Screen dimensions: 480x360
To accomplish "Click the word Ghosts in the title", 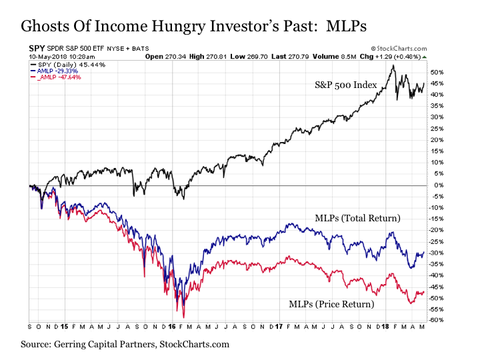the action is (x=45, y=26).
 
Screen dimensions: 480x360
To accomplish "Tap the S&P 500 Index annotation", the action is (x=345, y=85).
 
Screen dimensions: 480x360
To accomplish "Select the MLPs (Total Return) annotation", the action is (x=357, y=218).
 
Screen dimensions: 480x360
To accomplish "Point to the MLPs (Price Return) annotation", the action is (x=331, y=304).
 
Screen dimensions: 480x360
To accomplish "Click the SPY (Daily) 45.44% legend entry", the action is (x=67, y=65).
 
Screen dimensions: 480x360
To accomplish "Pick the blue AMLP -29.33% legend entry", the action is (x=54, y=71).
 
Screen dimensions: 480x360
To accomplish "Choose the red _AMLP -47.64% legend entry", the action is (x=56, y=77).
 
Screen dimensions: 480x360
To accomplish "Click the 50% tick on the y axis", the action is (x=437, y=73).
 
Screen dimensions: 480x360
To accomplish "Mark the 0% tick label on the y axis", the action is (x=439, y=185).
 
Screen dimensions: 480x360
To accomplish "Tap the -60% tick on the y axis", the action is (x=436, y=320).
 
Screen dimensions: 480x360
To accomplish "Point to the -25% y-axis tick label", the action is (x=436, y=242).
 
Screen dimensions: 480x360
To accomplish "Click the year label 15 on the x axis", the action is (x=64, y=327).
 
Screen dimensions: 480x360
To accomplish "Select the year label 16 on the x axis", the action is (x=172, y=327).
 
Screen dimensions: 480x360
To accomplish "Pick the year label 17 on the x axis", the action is (x=279, y=327).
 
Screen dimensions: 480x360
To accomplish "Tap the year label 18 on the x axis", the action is (x=385, y=327).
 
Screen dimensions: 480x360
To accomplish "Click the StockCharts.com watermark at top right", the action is (x=399, y=49).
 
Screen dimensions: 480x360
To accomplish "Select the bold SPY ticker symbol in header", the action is (x=37, y=49).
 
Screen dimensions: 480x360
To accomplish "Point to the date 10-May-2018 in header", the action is (x=45, y=57).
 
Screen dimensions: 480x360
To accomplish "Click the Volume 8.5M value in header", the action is (x=334, y=57).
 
